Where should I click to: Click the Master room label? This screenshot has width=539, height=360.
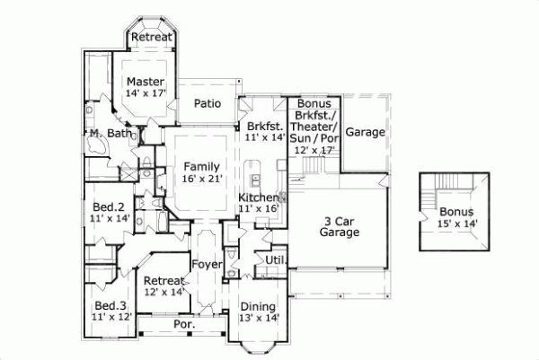coord(145,81)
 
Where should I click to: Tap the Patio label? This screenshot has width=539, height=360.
coord(208,103)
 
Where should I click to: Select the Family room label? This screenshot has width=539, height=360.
coord(201,166)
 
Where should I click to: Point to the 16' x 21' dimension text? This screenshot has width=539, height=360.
coord(201,179)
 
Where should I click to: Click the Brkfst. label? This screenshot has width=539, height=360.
coord(264,127)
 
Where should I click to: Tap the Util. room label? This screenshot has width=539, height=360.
coord(275,259)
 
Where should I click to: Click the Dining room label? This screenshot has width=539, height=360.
coord(260,305)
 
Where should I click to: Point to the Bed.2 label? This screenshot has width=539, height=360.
coord(110,206)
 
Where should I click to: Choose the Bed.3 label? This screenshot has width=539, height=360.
coord(112,304)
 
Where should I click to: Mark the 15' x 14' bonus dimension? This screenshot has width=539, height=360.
coord(456,224)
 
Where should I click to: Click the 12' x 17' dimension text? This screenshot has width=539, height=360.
coord(314,150)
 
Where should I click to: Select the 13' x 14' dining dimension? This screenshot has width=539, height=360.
coord(260,317)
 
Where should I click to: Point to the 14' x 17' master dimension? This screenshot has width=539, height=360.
coord(145,92)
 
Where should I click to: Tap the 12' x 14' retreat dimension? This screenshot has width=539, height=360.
coord(164,292)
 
